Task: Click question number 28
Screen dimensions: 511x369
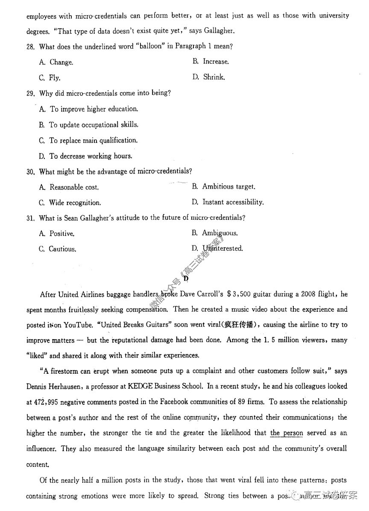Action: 30,47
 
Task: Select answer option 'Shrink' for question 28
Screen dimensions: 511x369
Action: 213,77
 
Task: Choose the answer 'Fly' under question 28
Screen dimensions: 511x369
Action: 54,78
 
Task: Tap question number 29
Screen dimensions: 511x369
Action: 30,93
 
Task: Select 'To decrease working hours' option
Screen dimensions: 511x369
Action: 91,156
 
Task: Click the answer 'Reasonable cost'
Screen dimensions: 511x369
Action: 73,187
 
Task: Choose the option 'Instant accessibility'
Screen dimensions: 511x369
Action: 233,202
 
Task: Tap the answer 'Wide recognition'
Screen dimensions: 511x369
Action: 75,203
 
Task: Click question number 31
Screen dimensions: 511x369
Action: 30,218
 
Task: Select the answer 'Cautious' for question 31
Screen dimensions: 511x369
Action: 62,249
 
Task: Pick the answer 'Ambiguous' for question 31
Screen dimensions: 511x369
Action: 220,233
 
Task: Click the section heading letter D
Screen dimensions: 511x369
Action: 186,278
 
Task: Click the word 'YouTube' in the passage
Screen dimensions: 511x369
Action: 78,325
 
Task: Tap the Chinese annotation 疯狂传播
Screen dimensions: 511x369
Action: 242,325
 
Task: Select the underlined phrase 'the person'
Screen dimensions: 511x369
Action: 286,433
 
